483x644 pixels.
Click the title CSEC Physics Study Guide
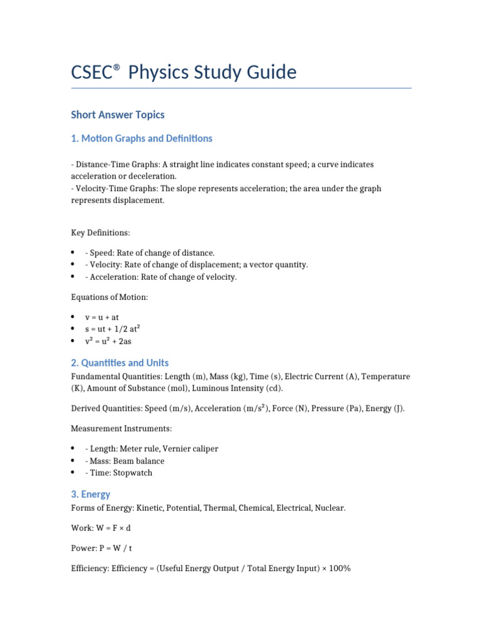coord(183,72)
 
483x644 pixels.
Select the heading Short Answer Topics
coord(118,114)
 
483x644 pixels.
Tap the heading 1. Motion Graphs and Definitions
coord(142,138)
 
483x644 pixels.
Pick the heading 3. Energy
coord(91,494)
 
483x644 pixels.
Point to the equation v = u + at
coord(102,318)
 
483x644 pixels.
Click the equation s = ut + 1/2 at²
coord(111,330)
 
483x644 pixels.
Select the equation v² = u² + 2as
coord(108,341)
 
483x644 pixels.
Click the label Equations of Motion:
coord(108,297)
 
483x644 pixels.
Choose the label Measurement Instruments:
coord(121,429)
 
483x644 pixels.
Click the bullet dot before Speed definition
coord(73,253)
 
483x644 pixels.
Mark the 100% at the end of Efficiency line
coord(339,569)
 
